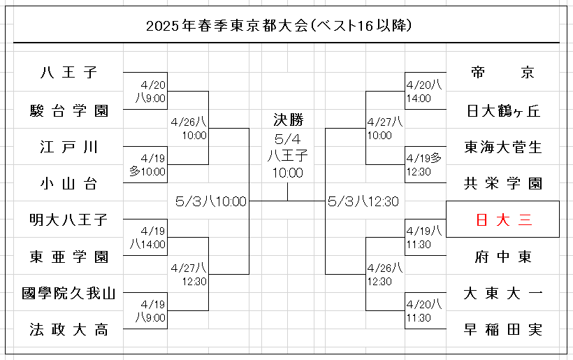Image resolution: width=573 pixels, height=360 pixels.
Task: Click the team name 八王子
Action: (68, 73)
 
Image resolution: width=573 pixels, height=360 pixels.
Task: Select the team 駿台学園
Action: (68, 110)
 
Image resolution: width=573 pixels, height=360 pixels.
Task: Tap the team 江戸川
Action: (68, 147)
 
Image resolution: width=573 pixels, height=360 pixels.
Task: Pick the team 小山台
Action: (68, 184)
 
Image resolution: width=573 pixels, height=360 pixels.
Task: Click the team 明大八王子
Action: (68, 220)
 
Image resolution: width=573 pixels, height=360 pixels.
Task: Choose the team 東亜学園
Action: (68, 257)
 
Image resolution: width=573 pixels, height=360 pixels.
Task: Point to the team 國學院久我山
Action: (68, 293)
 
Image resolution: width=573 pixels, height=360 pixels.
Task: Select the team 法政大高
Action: (68, 329)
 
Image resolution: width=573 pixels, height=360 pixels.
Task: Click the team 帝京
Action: (502, 73)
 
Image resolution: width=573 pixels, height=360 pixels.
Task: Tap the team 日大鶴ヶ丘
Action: (502, 110)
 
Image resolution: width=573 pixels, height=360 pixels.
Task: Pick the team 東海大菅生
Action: (502, 147)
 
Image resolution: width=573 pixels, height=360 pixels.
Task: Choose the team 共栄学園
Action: (502, 184)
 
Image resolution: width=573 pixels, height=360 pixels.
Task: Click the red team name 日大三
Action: (502, 220)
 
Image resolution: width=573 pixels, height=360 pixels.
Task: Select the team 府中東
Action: (502, 257)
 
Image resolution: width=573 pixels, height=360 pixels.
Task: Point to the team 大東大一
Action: (502, 293)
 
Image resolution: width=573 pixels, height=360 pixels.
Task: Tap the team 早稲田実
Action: (502, 329)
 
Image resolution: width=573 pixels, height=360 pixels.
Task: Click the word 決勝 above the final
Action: (288, 120)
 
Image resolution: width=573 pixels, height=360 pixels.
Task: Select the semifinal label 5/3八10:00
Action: (210, 201)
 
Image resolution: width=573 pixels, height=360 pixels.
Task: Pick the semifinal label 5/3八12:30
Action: (363, 201)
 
